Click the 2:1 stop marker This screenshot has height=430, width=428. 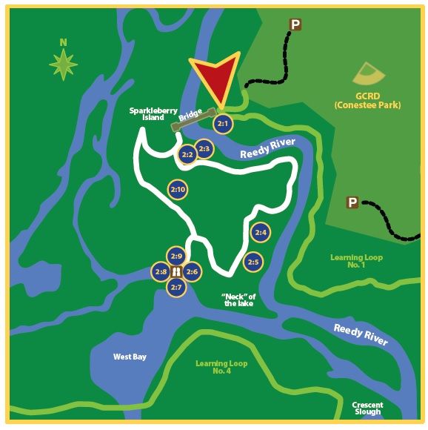pos(223,124)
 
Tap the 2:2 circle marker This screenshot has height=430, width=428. pos(187,155)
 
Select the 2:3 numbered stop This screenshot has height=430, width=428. pos(204,149)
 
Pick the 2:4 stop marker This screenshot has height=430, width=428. pos(260,232)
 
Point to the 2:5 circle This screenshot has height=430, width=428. pos(253,262)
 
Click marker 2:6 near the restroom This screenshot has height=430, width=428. pos(192,272)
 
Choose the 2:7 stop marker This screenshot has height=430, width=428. pos(176,287)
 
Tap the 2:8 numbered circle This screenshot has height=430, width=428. pos(161,272)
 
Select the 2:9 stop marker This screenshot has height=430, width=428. pos(176,257)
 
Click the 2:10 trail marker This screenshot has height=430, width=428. pos(178,190)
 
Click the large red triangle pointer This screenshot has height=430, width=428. pos(215,76)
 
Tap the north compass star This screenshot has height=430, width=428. pos(64,64)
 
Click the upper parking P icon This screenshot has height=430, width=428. pos(295,25)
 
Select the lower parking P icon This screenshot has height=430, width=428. pos(352,202)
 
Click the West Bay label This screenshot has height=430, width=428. pos(130,357)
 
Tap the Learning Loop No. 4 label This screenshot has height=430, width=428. pos(221,367)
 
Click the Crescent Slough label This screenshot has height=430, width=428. pos(367,407)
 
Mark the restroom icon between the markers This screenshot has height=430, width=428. pos(176,272)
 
